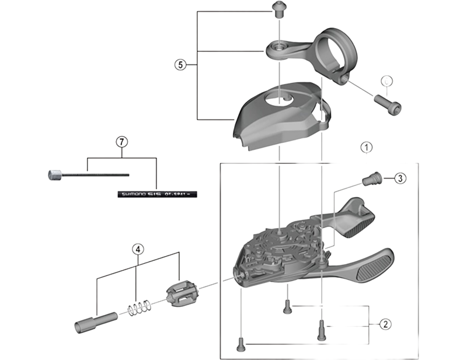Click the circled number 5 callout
coord(180,64)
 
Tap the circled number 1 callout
coord(365,147)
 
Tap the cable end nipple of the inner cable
coord(54,174)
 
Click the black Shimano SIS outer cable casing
coord(157,192)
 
